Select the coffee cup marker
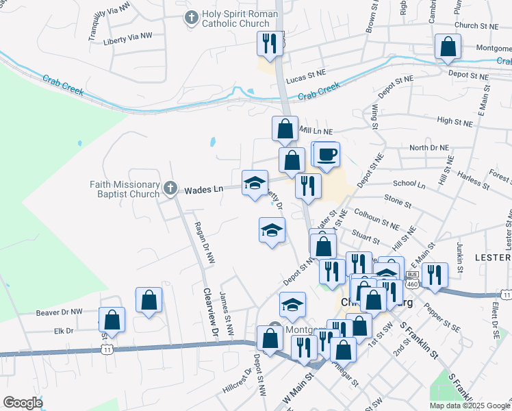point(327,153)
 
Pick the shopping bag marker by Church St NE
point(448,47)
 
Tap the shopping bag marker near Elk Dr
point(112,319)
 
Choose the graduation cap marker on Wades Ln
point(255,182)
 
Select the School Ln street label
point(409,184)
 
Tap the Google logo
point(22,402)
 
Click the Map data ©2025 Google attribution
point(469,406)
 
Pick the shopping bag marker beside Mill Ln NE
point(285,128)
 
